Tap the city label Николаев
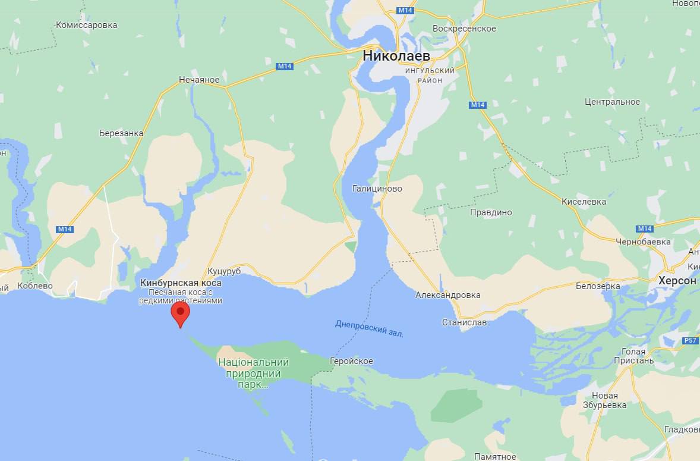pyautogui.click(x=396, y=55)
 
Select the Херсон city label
pyautogui.click(x=677, y=280)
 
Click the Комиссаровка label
pyautogui.click(x=86, y=25)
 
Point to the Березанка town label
pyautogui.click(x=121, y=133)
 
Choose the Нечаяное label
pyautogui.click(x=199, y=80)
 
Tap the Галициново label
pyautogui.click(x=377, y=189)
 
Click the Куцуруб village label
pyautogui.click(x=224, y=271)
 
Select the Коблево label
pyautogui.click(x=35, y=286)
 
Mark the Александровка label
pyautogui.click(x=448, y=295)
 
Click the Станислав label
pyautogui.click(x=464, y=322)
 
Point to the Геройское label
pyautogui.click(x=352, y=361)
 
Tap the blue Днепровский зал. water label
pyautogui.click(x=369, y=328)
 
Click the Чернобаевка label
pyautogui.click(x=643, y=242)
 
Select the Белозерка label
pyautogui.click(x=598, y=286)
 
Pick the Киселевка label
pyautogui.click(x=584, y=202)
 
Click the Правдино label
pyautogui.click(x=491, y=212)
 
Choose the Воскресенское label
pyautogui.click(x=464, y=29)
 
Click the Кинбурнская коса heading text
pyautogui.click(x=181, y=283)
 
